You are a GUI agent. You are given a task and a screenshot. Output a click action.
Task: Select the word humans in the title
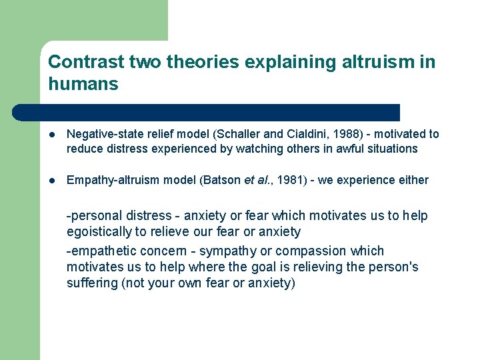[83, 84]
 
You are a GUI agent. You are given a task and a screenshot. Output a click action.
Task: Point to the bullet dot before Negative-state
[52, 135]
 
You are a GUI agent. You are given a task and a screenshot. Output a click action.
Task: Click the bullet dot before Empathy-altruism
[52, 181]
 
